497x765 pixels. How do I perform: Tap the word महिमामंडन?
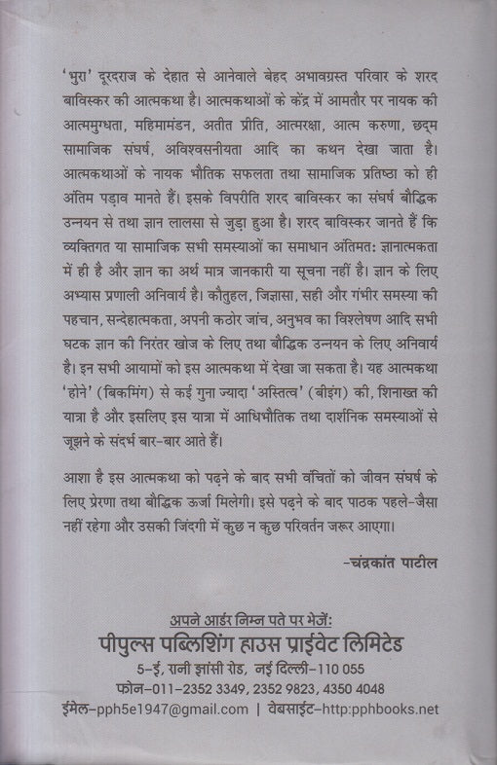[x=170, y=125]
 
